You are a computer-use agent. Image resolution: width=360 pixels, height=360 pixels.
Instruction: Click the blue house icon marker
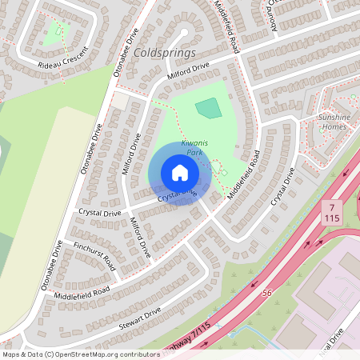(179, 173)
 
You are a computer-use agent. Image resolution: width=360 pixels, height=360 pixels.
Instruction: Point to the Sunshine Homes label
(334, 122)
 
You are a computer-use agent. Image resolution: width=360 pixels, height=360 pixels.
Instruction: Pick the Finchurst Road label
(94, 254)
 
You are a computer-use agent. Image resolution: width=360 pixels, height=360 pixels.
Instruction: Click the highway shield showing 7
(331, 207)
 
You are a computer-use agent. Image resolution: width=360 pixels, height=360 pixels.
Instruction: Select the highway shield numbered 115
(331, 218)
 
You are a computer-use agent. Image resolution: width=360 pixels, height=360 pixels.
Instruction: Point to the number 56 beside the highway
(266, 293)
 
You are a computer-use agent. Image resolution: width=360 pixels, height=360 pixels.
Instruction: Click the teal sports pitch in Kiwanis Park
(207, 107)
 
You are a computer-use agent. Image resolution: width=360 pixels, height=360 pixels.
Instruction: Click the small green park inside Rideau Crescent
(54, 32)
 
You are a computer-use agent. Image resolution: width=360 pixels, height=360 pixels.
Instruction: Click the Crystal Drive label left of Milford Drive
(100, 213)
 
